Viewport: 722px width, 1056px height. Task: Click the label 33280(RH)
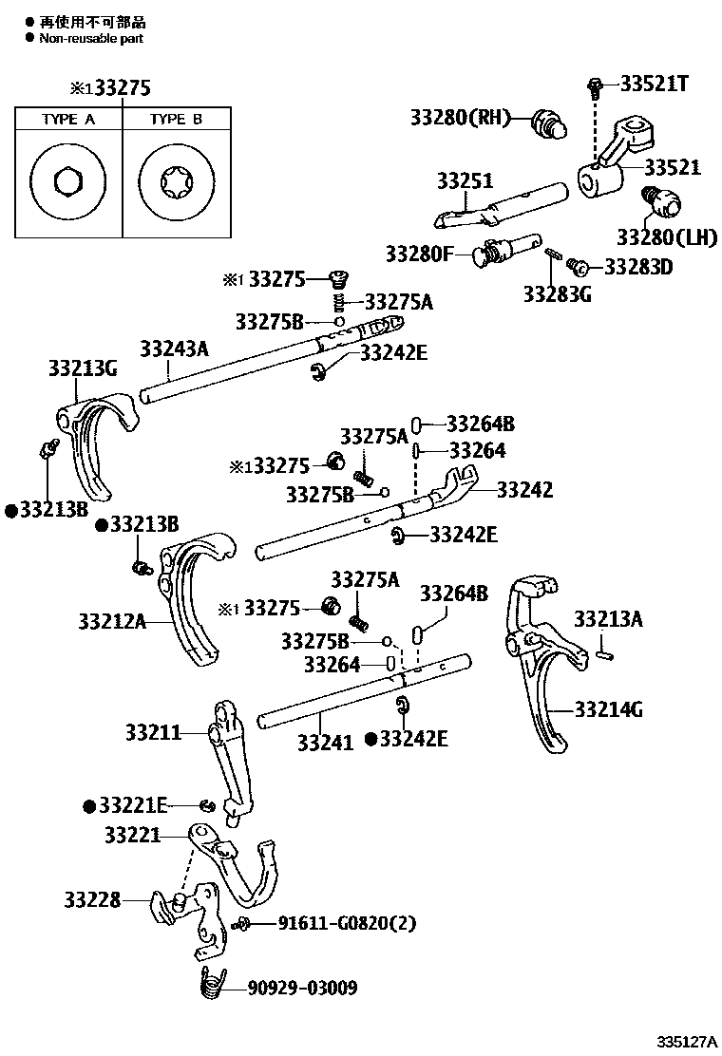click(x=460, y=118)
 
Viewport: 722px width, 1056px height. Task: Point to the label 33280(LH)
click(x=667, y=236)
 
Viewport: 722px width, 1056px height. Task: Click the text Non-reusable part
click(x=90, y=38)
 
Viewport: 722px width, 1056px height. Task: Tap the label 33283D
click(x=637, y=267)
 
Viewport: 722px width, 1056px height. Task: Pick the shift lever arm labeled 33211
click(x=228, y=760)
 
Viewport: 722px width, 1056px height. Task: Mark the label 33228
click(x=92, y=898)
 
